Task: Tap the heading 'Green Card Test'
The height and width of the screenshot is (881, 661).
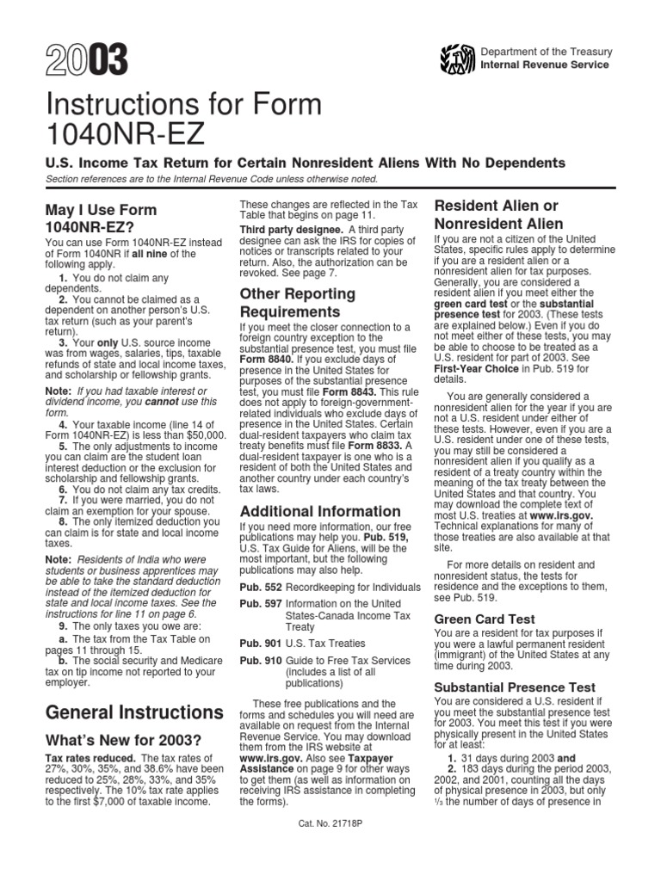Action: [485, 619]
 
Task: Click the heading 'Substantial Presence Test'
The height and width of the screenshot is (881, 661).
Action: [515, 687]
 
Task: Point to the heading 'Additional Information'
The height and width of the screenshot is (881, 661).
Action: [319, 511]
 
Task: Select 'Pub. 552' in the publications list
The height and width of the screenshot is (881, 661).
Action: [256, 586]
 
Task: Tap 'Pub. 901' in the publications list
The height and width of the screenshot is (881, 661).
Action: [256, 643]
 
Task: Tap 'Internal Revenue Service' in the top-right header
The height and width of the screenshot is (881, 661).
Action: [544, 65]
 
